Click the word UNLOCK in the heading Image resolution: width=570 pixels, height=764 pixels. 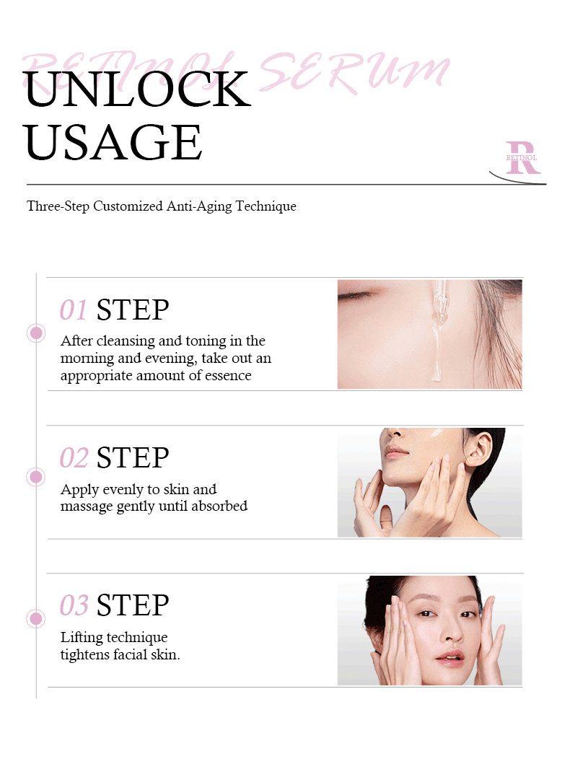tap(138, 89)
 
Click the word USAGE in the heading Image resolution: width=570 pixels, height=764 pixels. tap(113, 142)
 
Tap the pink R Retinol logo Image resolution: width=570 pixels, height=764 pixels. tap(522, 157)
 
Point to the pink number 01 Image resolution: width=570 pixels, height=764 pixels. tap(74, 310)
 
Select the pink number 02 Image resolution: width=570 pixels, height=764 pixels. tap(74, 458)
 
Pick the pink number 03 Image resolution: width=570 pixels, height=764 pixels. tap(74, 606)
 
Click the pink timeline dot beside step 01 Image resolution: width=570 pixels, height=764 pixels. tap(36, 333)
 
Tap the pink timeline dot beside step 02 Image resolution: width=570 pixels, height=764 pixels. tap(36, 477)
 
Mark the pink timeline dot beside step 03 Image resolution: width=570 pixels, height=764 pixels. tap(36, 619)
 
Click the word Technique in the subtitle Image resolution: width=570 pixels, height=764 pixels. tap(266, 206)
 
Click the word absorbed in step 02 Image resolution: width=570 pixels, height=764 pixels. tap(219, 506)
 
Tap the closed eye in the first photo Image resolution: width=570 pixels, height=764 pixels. tap(355, 295)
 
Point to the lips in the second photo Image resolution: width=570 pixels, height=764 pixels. tap(396, 452)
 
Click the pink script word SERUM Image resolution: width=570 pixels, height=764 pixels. tap(354, 72)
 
